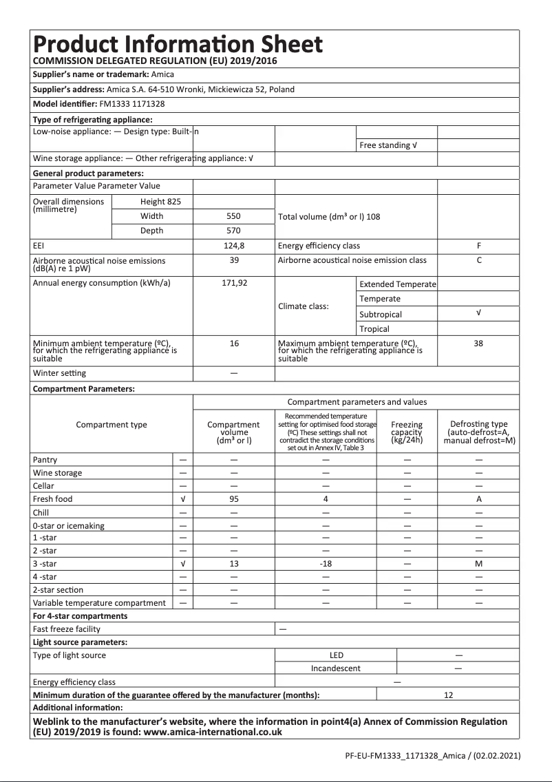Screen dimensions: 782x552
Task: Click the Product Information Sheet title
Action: coord(178,45)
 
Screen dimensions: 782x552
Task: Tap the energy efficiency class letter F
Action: coord(478,246)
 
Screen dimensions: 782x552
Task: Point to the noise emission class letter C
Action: coord(478,260)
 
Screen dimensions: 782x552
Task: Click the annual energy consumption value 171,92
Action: coord(234,283)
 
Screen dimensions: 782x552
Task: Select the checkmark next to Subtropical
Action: coord(478,313)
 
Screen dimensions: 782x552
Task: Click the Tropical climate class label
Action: coord(374,329)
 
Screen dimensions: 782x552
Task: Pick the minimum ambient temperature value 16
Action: coord(234,344)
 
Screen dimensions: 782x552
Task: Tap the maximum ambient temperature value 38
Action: coord(478,344)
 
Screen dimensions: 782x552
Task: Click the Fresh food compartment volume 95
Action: coord(234,499)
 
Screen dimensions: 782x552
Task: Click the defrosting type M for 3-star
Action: coord(478,564)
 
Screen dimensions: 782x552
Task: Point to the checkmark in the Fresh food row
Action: coord(182,499)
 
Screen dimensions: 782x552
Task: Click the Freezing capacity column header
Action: coord(407,432)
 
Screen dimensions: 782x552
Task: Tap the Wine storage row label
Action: coord(57,473)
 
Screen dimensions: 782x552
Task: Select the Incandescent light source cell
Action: coord(335,668)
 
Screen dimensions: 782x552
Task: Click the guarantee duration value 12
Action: coord(448,695)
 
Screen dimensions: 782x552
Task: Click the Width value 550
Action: coord(234,216)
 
